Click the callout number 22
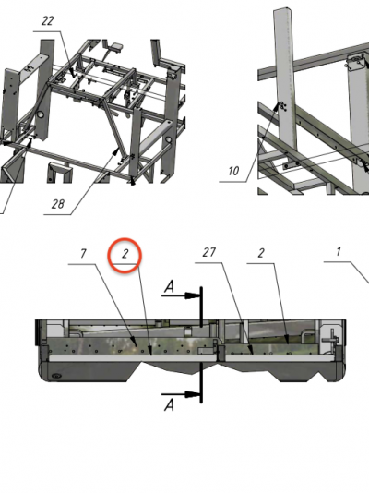[x=48, y=21]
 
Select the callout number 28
[x=58, y=204]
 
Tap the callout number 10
[x=233, y=171]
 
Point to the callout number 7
[x=83, y=253]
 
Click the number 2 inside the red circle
[x=125, y=254]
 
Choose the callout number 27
[x=209, y=252]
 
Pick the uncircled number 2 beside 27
[x=261, y=253]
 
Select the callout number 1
[x=339, y=251]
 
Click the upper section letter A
[x=169, y=287]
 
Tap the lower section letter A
[x=169, y=405]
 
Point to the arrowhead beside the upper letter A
[x=192, y=295]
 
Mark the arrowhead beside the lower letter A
[x=192, y=394]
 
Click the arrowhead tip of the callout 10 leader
[x=279, y=103]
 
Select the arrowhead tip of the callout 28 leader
[x=119, y=149]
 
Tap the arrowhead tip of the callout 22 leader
[x=74, y=77]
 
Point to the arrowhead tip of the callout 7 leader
[x=137, y=346]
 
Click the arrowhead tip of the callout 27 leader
[x=253, y=355]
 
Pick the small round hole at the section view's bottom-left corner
[x=56, y=376]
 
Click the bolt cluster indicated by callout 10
[x=282, y=107]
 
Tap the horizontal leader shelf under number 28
[x=58, y=215]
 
